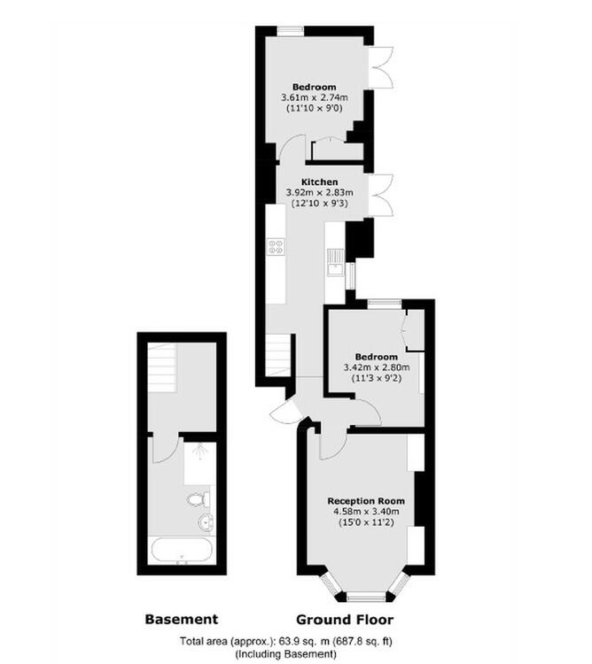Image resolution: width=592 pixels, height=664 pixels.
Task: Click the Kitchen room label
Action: pyautogui.click(x=320, y=182)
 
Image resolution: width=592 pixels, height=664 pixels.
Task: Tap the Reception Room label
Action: pyautogui.click(x=366, y=501)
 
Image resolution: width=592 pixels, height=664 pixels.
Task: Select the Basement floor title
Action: pyautogui.click(x=182, y=620)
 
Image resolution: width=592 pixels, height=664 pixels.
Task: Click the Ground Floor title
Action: pyautogui.click(x=345, y=620)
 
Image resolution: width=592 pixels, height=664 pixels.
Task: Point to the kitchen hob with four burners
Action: pyautogui.click(x=276, y=247)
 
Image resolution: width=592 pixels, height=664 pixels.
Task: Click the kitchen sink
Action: pyautogui.click(x=336, y=269)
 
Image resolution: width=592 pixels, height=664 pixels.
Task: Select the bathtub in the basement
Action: pyautogui.click(x=181, y=552)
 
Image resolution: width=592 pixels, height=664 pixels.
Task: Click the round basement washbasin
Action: pyautogui.click(x=206, y=521)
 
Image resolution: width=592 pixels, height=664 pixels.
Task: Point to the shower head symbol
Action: pyautogui.click(x=199, y=453)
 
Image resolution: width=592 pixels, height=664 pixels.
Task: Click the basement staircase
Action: pyautogui.click(x=162, y=368)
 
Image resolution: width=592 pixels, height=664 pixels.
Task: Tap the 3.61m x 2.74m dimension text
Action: pyautogui.click(x=315, y=97)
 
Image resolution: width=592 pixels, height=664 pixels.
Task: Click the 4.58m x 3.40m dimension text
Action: pyautogui.click(x=366, y=512)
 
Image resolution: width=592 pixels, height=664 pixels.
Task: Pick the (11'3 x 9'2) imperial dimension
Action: pyautogui.click(x=377, y=378)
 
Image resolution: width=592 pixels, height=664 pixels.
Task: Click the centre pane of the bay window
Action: pyautogui.click(x=366, y=598)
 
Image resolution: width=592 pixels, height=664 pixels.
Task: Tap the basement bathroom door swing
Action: pyautogui.click(x=166, y=450)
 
